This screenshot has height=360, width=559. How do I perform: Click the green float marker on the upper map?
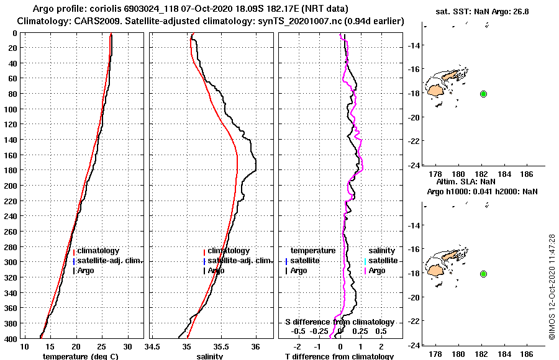coord(483,94)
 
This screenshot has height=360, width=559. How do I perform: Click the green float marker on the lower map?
coord(483,274)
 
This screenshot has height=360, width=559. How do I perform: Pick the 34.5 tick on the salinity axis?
coord(153,346)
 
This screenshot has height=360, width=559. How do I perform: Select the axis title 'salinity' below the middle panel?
coord(210,356)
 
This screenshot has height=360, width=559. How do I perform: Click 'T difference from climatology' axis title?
coord(339,356)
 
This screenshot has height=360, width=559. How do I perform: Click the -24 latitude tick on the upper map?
coord(416,165)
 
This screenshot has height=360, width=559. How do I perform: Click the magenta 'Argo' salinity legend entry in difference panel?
coord(377,271)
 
